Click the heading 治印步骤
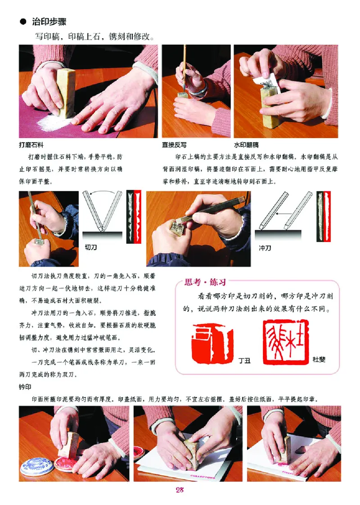[x=49, y=22]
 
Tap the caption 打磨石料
[x=31, y=145]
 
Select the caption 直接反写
[x=174, y=145]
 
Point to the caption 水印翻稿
[x=246, y=145]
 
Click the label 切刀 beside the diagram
[x=90, y=247]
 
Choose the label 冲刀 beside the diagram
[x=265, y=248]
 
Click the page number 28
[x=180, y=490]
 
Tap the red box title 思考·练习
[x=205, y=282]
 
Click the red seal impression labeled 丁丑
[x=212, y=344]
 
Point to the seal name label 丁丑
[x=244, y=360]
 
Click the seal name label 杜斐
[x=319, y=359]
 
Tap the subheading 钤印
[x=25, y=387]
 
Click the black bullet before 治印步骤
[x=23, y=22]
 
